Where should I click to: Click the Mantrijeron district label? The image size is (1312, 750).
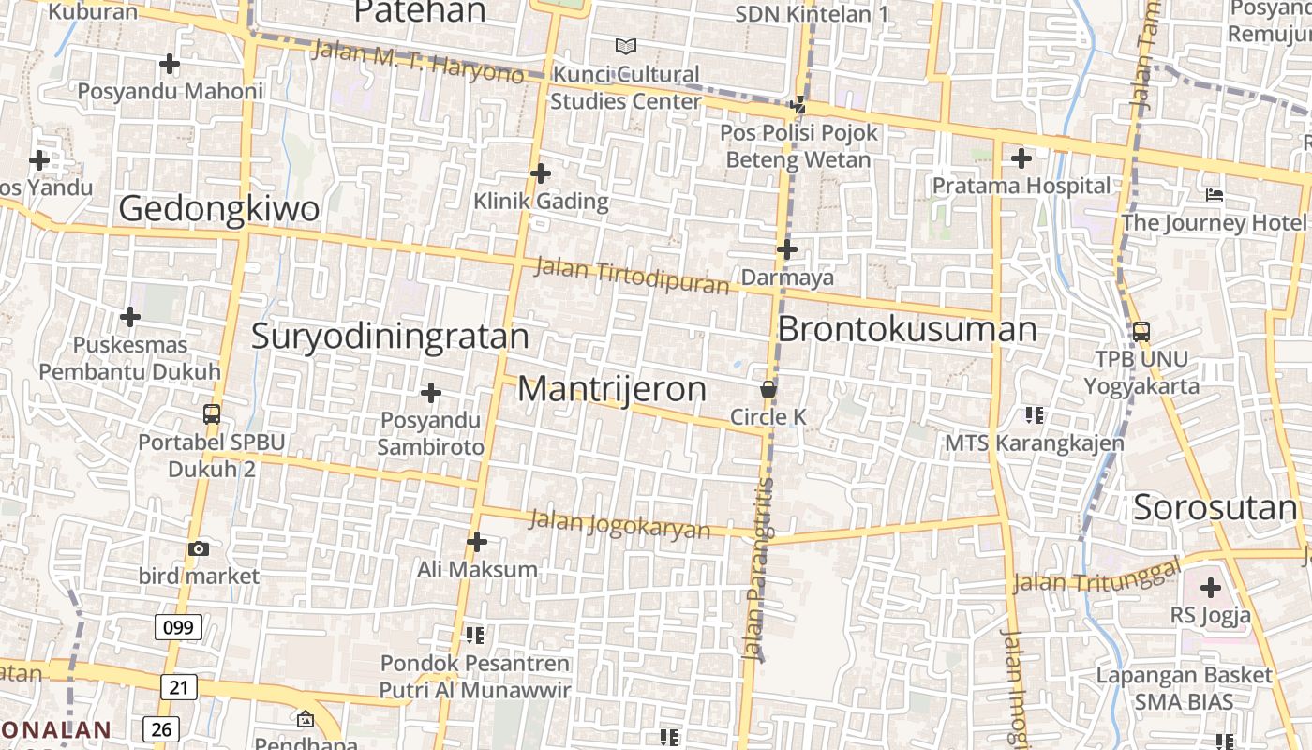tap(612, 389)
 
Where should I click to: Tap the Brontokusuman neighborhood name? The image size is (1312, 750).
tap(907, 330)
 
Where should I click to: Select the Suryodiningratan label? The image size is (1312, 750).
tap(390, 337)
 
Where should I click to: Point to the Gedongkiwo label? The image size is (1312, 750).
tap(219, 209)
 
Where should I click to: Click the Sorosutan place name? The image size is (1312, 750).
tap(1215, 508)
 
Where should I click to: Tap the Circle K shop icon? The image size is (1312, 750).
tap(768, 389)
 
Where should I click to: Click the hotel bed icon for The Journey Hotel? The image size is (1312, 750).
tap(1215, 195)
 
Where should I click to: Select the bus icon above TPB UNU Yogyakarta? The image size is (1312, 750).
tap(1141, 331)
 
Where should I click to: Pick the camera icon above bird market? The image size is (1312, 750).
tap(199, 548)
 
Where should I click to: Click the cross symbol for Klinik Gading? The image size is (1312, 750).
tap(541, 173)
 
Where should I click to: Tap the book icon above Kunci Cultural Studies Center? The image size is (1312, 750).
tap(625, 46)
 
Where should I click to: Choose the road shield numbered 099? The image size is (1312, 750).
tap(178, 627)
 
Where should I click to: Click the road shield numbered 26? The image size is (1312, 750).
tap(160, 728)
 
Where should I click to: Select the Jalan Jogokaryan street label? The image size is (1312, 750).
tap(619, 523)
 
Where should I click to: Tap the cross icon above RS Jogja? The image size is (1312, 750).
tap(1211, 589)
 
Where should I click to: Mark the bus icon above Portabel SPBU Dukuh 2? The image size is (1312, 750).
tap(212, 413)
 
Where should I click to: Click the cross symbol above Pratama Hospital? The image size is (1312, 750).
tap(1021, 158)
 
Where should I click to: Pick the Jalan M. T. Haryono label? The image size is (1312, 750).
tap(418, 61)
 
